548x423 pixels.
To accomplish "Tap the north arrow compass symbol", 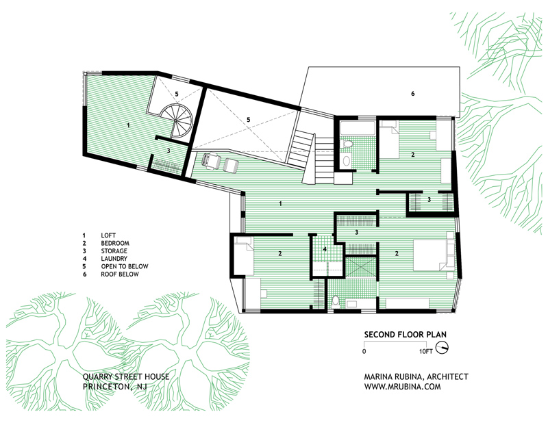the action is (443, 347).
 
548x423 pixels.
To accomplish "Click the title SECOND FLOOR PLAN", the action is (405, 334).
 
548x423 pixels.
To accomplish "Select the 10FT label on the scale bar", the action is (426, 351).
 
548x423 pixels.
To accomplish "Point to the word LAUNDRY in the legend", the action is (114, 259).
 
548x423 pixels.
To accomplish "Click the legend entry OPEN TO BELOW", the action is (125, 266).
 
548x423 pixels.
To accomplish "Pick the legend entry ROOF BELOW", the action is (120, 274).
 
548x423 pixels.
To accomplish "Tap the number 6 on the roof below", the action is (413, 94).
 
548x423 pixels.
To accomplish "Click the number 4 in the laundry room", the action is (325, 249).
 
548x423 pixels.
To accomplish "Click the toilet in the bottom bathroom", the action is (336, 301).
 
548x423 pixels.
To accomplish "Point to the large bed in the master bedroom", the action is (434, 255).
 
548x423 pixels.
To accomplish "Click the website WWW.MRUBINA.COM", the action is (402, 387).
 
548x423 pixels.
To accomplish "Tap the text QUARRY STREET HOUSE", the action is (126, 377).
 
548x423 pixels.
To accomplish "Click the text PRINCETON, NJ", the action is (115, 387).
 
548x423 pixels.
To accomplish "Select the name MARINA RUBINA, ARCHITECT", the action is (416, 377).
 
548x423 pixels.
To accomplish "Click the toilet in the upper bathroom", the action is (347, 144).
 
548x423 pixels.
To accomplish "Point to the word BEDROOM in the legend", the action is (115, 243).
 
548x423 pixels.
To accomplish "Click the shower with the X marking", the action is (360, 267).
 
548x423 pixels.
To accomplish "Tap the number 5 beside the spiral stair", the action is (177, 94).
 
